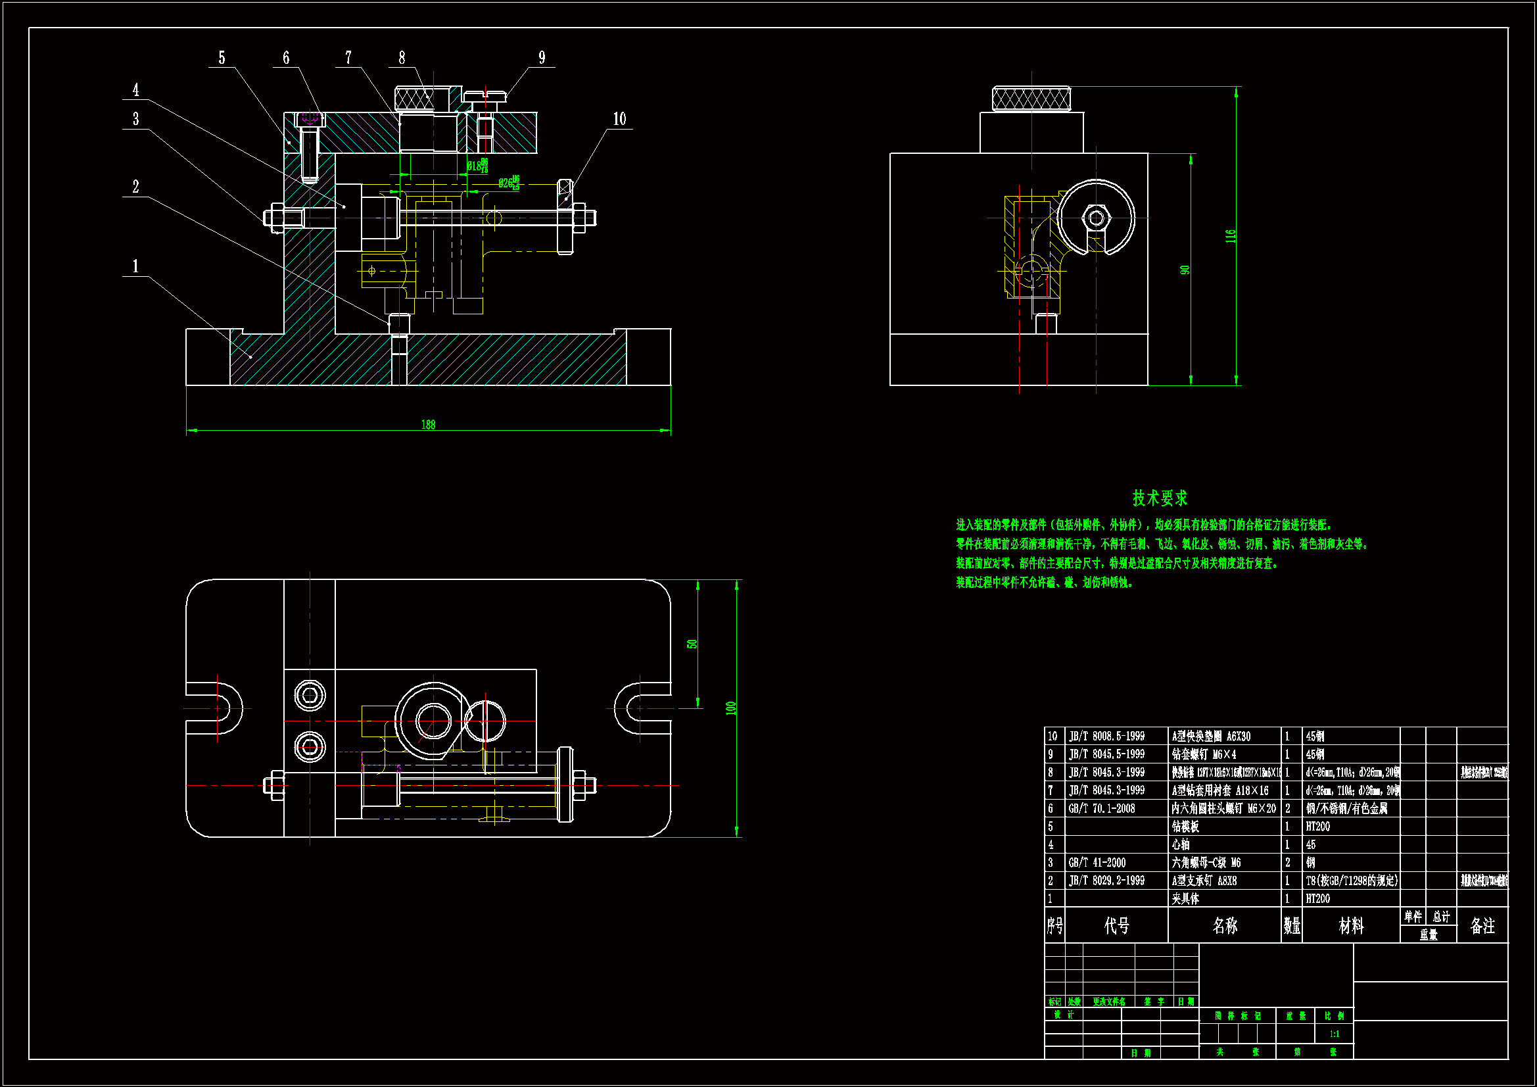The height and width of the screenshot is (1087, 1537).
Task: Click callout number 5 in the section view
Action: (x=222, y=59)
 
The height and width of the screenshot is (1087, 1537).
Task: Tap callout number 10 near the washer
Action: (x=619, y=119)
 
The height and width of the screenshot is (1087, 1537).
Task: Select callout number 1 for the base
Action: (x=135, y=266)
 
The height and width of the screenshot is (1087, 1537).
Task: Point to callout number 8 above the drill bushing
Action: (x=402, y=59)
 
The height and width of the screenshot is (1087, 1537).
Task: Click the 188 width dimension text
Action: (x=428, y=425)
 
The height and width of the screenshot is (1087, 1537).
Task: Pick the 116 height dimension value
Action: (x=1230, y=236)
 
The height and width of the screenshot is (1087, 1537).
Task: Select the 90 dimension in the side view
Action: (x=1184, y=270)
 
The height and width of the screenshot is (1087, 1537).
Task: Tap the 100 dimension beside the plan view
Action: (x=730, y=708)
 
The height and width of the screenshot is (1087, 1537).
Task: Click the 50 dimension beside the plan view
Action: (x=692, y=644)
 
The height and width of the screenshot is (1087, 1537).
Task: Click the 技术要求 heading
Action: (x=1160, y=498)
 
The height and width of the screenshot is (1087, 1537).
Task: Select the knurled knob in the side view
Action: (x=1031, y=99)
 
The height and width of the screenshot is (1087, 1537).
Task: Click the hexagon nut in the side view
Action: (x=1096, y=218)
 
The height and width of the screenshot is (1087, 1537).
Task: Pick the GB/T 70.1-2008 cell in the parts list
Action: (x=1101, y=808)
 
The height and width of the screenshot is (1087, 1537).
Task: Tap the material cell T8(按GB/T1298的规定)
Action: (x=1351, y=881)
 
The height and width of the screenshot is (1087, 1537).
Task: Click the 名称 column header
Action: (x=1224, y=926)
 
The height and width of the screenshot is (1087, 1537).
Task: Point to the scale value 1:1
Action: (x=1334, y=1034)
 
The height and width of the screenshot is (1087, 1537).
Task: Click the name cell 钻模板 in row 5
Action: (x=1185, y=827)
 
